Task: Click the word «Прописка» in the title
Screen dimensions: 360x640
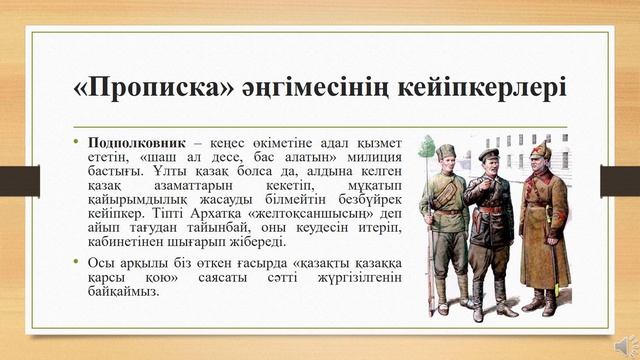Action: [152, 88]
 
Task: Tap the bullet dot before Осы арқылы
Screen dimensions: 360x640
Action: [76, 262]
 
